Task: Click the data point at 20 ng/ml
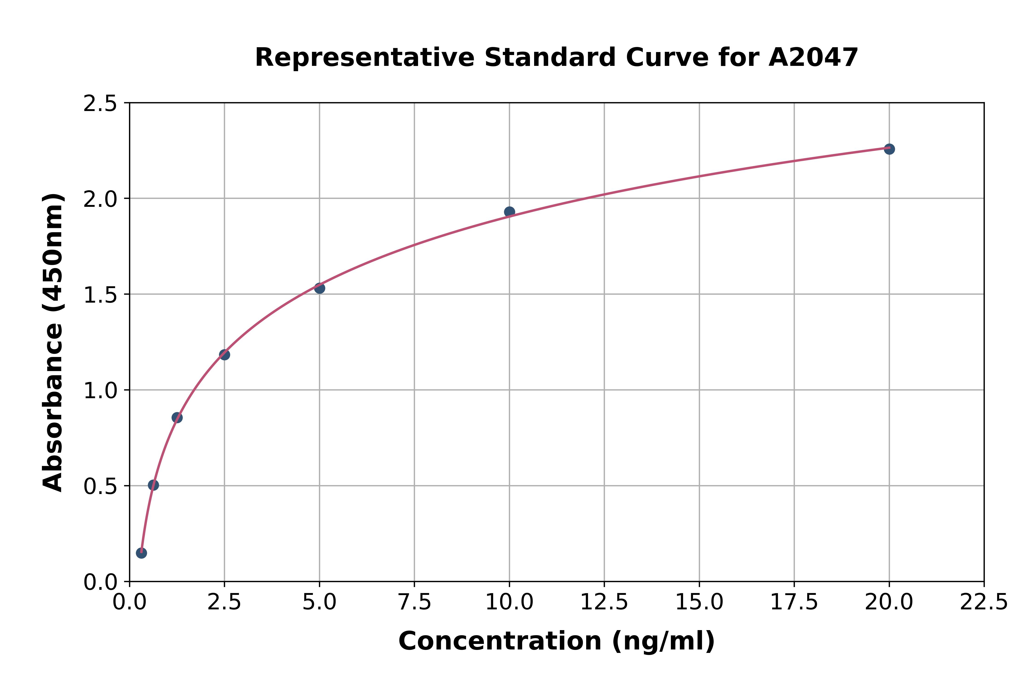(889, 149)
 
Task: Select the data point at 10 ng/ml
(509, 212)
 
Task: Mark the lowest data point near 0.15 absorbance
(141, 553)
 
